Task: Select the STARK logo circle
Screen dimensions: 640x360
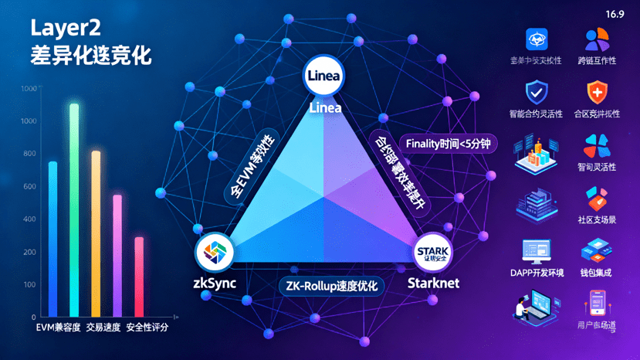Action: click(432, 252)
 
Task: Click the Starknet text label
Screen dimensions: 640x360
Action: click(433, 283)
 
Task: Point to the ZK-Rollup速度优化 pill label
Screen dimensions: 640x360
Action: click(331, 286)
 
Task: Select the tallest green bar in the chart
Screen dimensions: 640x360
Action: click(74, 209)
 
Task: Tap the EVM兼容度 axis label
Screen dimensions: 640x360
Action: click(59, 328)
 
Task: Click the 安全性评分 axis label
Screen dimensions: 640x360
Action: click(147, 328)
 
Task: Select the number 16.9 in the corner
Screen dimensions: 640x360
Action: click(615, 14)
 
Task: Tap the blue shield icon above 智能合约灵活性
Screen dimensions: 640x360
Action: click(537, 93)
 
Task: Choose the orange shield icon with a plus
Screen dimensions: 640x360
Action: click(597, 93)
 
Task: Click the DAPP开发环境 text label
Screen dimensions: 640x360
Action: click(537, 273)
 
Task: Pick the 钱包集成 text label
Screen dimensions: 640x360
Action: click(596, 273)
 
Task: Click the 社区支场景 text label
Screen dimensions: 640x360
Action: click(597, 219)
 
